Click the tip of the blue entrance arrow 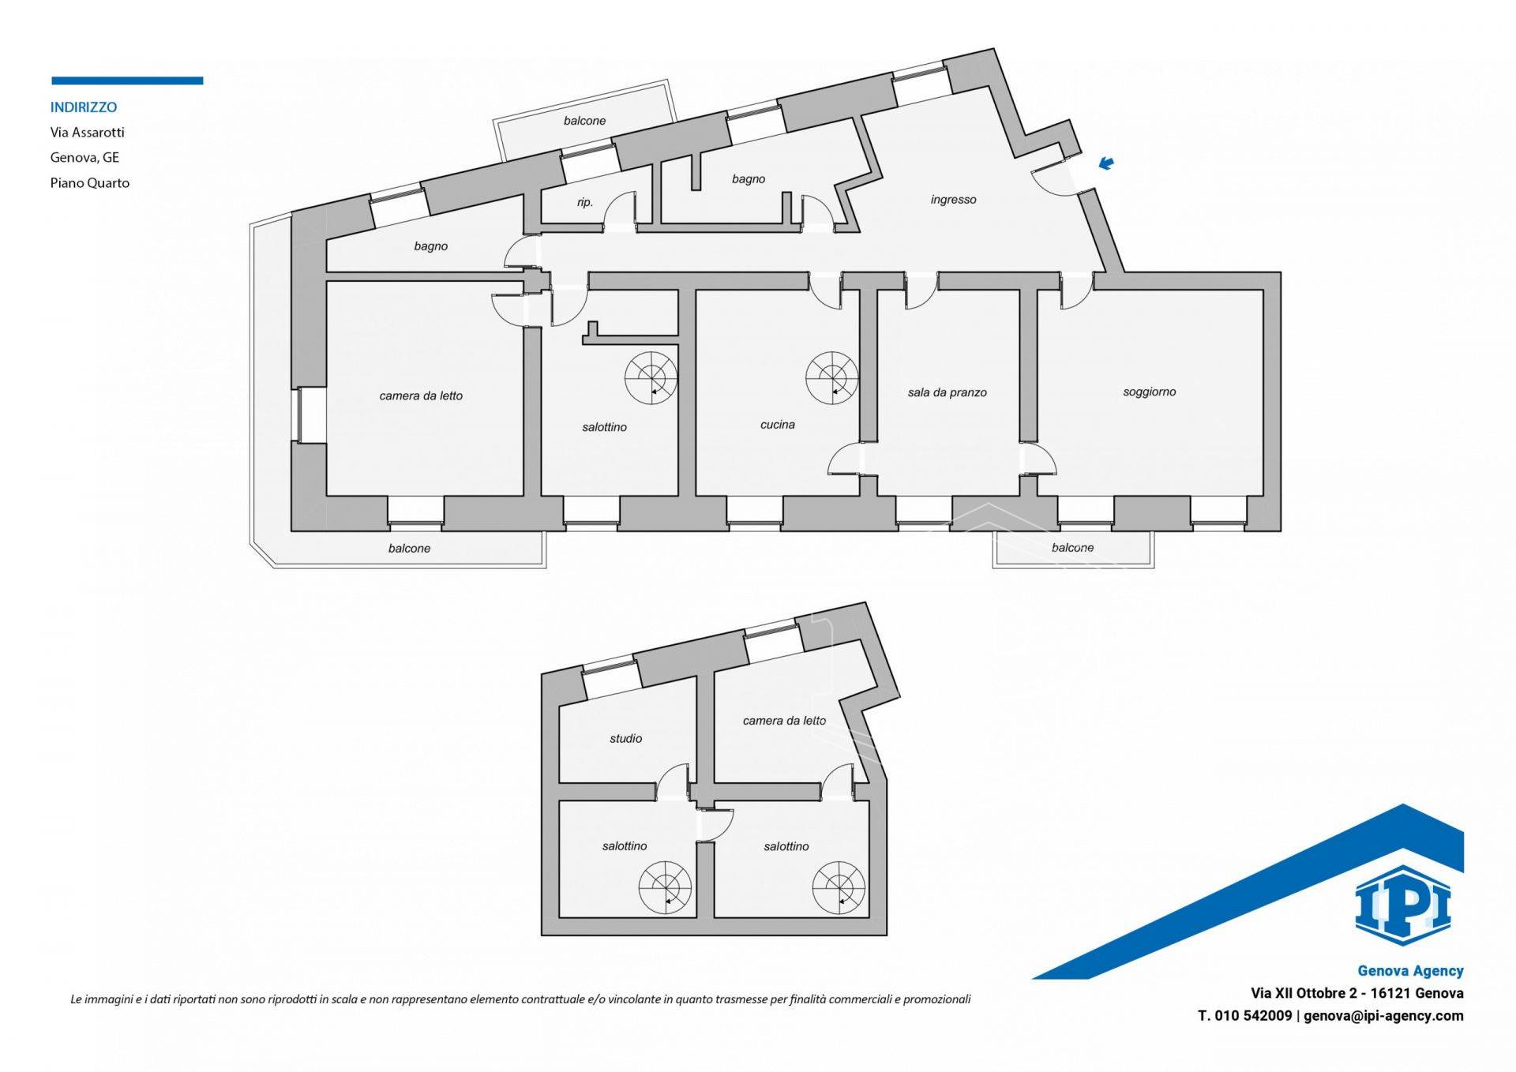click(1101, 167)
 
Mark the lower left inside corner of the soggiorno click(1038, 496)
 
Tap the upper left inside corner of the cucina click(696, 290)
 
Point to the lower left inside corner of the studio click(560, 782)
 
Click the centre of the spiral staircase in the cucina click(831, 377)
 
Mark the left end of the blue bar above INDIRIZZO click(52, 81)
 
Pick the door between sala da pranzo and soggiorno click(1038, 459)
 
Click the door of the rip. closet click(620, 210)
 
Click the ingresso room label click(953, 200)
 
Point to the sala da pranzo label click(947, 392)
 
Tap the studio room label click(625, 739)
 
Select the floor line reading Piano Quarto click(90, 182)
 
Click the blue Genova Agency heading click(1410, 971)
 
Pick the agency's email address click(1383, 1016)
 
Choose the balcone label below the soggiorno click(1072, 548)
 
